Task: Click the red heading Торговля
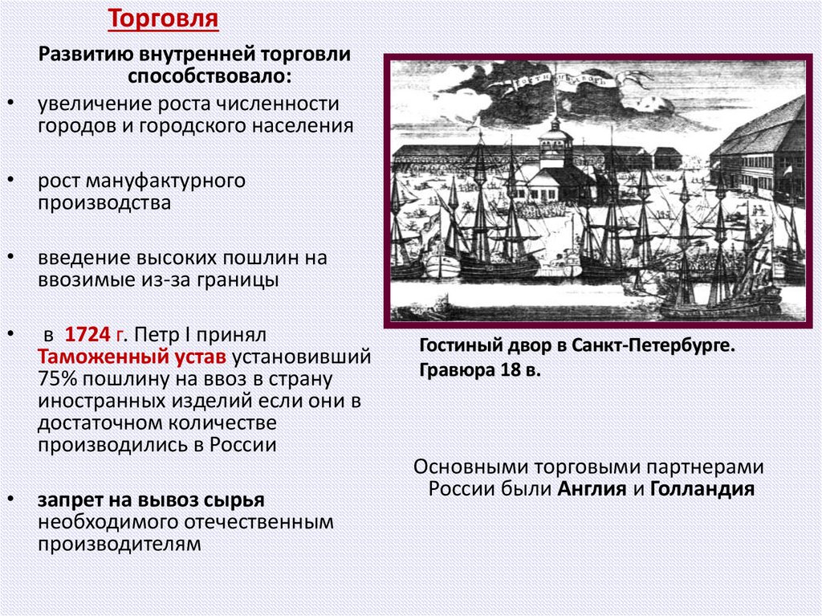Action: (164, 18)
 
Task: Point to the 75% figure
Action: (55, 378)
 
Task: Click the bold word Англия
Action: (593, 489)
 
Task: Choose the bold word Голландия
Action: (702, 489)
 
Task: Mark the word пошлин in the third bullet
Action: (270, 258)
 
